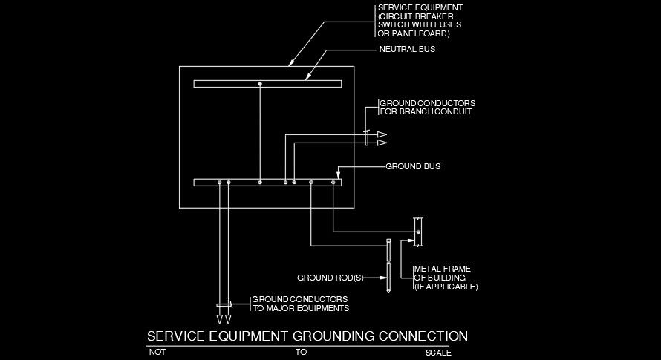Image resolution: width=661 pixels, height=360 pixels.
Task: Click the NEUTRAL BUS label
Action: [407, 50]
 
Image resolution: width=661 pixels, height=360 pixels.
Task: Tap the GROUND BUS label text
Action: [412, 167]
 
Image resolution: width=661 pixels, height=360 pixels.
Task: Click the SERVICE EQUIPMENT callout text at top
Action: [419, 20]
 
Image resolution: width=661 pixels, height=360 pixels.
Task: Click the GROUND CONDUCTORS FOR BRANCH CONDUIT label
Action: [427, 107]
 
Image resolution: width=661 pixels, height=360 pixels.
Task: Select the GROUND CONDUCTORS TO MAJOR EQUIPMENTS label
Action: [300, 303]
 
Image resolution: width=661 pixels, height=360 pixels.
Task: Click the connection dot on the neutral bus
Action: [260, 84]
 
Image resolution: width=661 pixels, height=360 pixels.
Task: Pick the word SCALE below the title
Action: [437, 353]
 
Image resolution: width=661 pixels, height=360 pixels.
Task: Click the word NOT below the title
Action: [157, 353]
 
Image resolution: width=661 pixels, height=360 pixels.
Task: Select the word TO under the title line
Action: [301, 353]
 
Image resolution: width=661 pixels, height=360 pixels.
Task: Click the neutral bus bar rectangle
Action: [223, 84]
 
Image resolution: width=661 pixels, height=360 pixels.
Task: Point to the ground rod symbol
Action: [388, 266]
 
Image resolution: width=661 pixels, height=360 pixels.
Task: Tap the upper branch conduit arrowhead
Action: [382, 134]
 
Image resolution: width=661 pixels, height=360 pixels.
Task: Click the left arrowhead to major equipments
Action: [220, 319]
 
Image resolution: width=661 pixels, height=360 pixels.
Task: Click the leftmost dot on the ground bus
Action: [220, 182]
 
